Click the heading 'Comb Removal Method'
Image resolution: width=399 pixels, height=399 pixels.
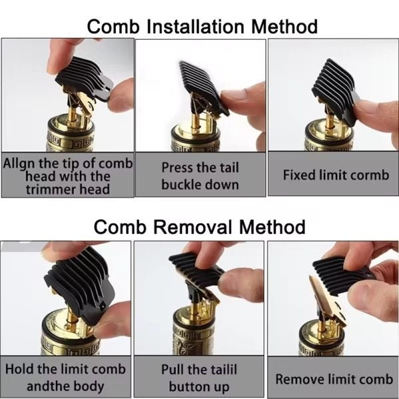(199, 226)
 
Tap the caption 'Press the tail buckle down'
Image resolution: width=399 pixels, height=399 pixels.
(199, 176)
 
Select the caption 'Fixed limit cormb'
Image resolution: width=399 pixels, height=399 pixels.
(335, 176)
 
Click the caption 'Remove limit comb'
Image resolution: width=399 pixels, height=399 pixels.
(334, 379)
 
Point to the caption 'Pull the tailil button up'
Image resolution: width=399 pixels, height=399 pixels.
(199, 378)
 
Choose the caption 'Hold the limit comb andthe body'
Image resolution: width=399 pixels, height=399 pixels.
(66, 378)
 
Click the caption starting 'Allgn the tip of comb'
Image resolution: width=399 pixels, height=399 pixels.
(68, 176)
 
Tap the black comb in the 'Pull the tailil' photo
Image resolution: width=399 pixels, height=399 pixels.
(197, 273)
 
